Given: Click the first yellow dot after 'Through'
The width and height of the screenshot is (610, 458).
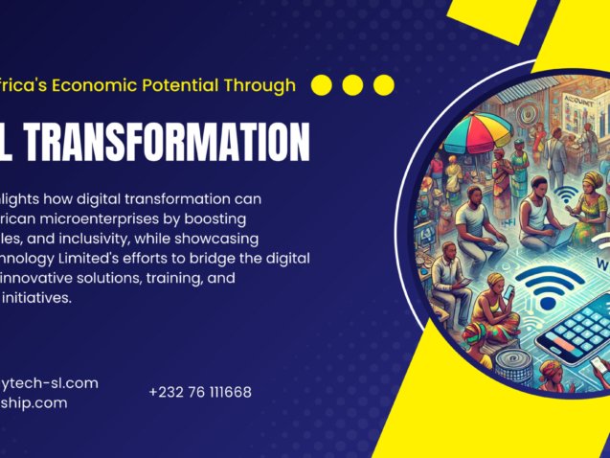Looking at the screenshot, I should pyautogui.click(x=322, y=85).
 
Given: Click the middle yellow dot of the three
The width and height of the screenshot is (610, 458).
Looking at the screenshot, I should pyautogui.click(x=352, y=85).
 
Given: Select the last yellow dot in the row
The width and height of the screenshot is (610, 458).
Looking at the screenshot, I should pyautogui.click(x=383, y=85).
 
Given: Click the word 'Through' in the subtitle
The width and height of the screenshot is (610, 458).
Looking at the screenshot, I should pyautogui.click(x=262, y=85).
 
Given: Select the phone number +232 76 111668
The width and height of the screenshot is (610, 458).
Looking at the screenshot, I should pyautogui.click(x=200, y=392).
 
